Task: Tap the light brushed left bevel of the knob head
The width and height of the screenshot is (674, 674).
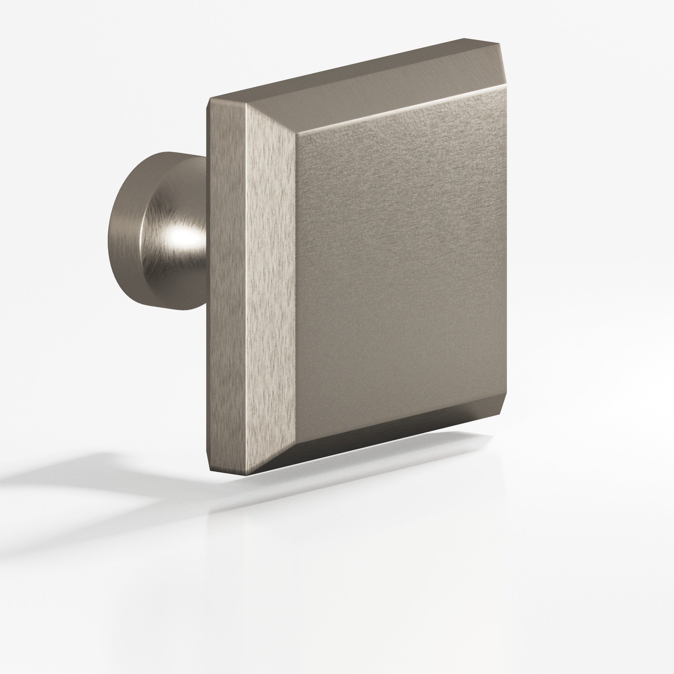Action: click(x=270, y=279)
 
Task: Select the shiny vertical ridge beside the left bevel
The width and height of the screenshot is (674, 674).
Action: click(x=246, y=279)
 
